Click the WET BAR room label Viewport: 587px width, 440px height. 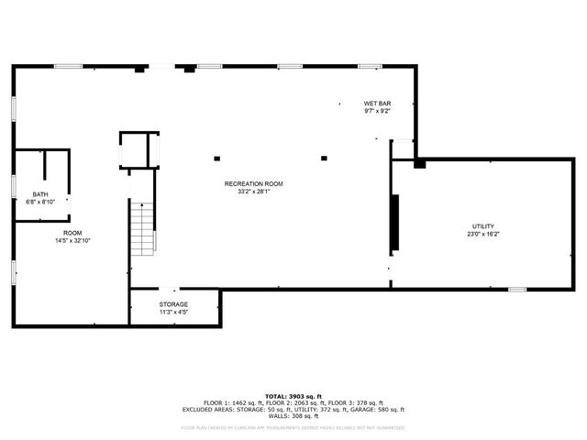(377, 104)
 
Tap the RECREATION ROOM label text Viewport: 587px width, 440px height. (254, 184)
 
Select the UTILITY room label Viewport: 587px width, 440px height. (483, 226)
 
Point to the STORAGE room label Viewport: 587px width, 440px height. (173, 304)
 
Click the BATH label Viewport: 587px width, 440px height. (40, 194)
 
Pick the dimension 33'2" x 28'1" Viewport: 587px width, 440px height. (254, 192)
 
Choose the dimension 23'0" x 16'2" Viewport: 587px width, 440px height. (483, 235)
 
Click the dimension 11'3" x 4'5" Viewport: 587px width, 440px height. (173, 313)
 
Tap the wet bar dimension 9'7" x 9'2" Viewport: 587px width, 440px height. (377, 112)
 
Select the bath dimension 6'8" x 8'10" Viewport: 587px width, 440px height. (40, 202)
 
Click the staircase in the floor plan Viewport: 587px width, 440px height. (142, 229)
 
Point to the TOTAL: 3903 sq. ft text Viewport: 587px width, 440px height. (293, 396)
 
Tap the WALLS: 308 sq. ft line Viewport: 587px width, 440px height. (293, 417)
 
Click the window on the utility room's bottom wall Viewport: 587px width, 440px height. (517, 290)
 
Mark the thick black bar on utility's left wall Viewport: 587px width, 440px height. (395, 223)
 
